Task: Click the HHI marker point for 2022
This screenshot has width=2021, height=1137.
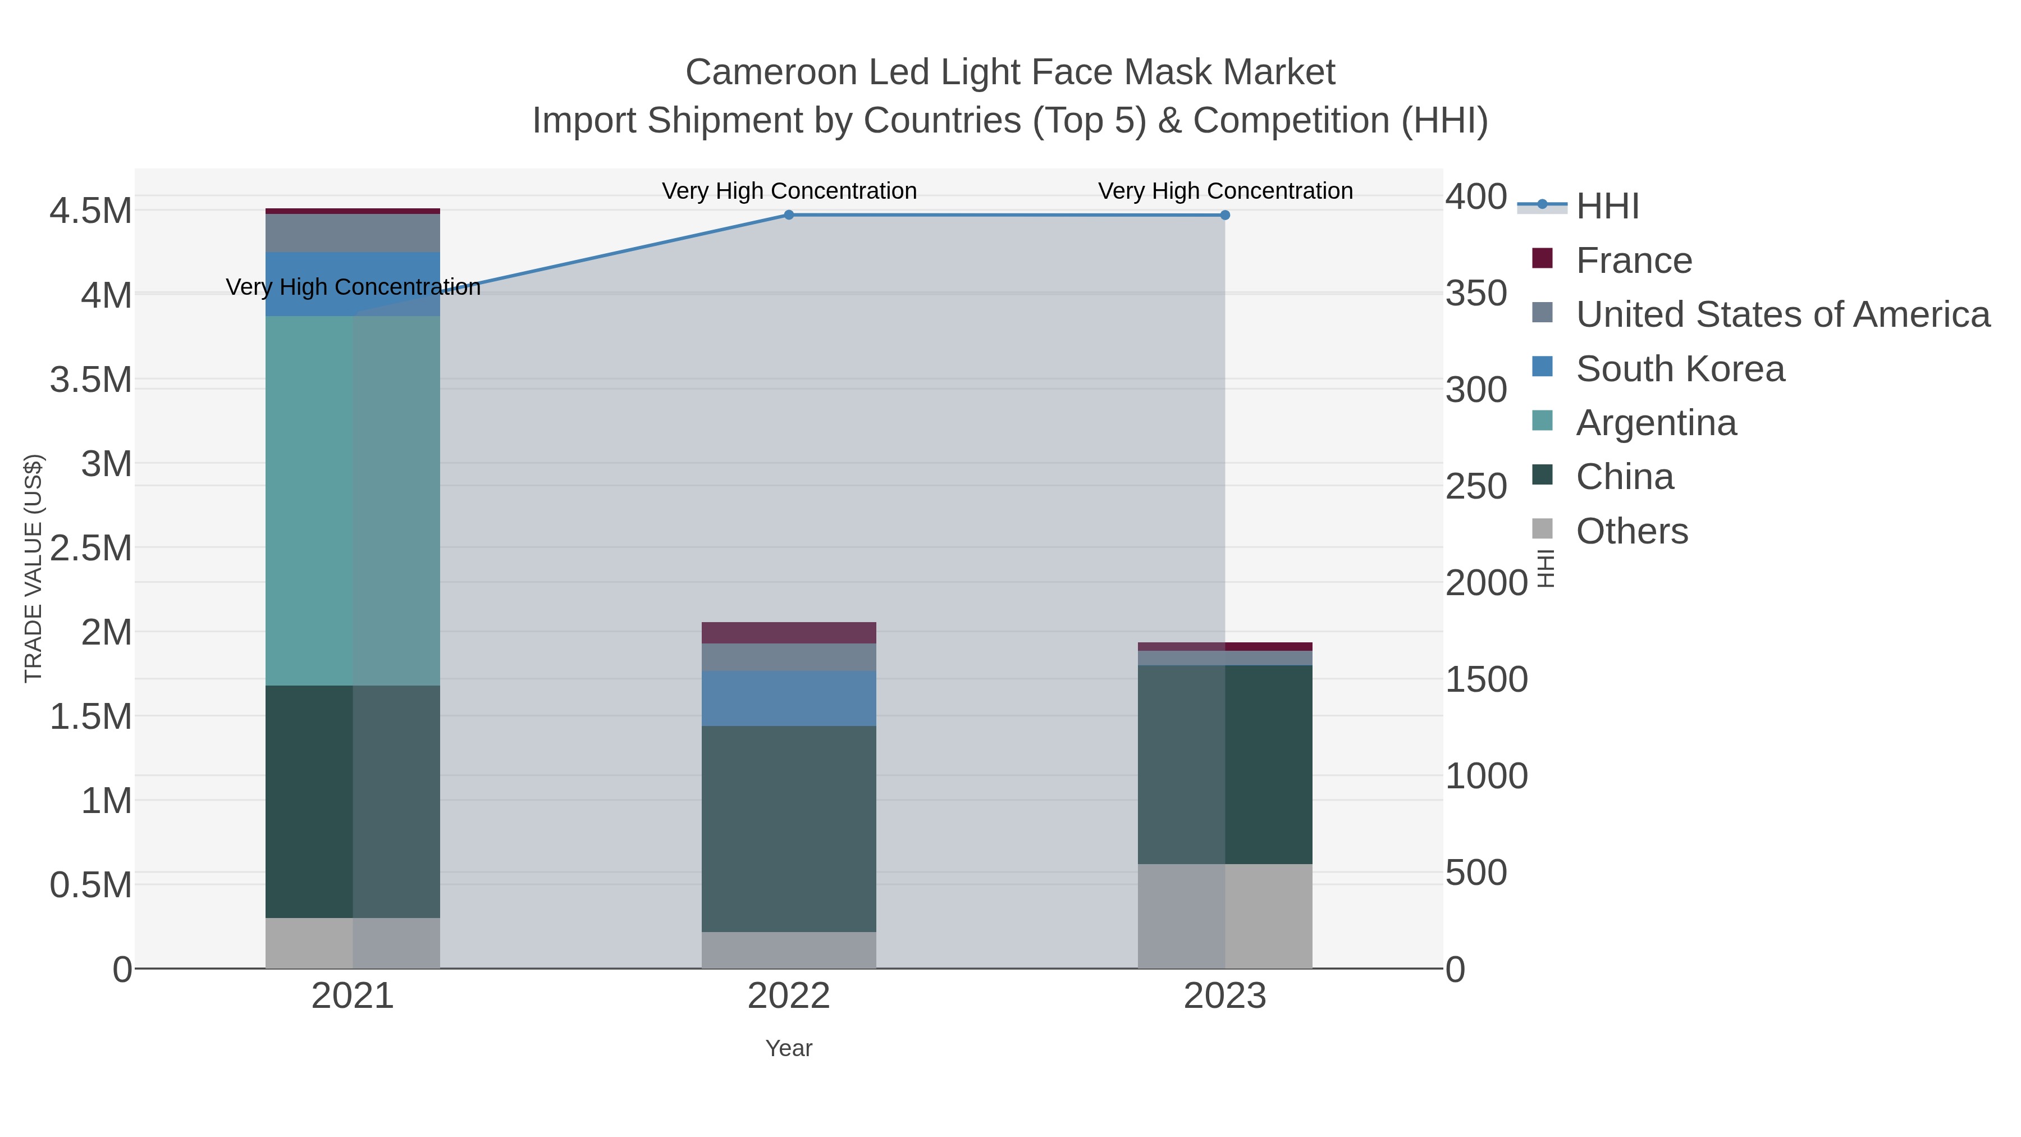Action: (789, 215)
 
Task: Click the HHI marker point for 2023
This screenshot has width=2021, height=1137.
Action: (1225, 215)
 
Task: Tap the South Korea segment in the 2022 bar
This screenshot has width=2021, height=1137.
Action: (789, 698)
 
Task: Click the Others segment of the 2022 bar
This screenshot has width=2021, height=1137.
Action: (789, 950)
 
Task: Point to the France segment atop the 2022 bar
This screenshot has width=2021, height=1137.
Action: (789, 632)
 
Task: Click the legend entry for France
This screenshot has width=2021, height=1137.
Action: (1634, 261)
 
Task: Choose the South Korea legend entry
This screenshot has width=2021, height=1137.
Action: (1680, 369)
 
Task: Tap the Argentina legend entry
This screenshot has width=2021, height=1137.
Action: (1656, 423)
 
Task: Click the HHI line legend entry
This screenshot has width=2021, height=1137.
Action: (1607, 207)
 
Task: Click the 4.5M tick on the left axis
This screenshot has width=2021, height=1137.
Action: (90, 211)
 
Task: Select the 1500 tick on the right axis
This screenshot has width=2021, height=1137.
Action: (1485, 679)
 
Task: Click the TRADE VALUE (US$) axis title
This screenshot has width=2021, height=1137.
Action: (33, 568)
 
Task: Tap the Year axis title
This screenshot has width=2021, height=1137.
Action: (789, 1048)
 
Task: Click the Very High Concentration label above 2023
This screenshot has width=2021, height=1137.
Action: (1225, 191)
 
